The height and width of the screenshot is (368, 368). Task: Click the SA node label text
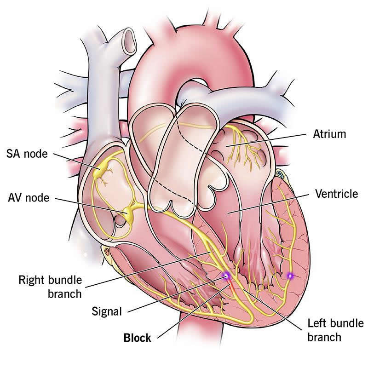(27, 154)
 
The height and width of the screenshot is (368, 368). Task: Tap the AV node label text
(29, 198)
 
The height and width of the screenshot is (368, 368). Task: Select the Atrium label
(329, 134)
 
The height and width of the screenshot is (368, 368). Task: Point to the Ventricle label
(337, 194)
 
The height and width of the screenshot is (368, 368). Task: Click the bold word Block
(137, 338)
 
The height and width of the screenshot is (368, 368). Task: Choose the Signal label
(107, 312)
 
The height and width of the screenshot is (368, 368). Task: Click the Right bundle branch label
(50, 287)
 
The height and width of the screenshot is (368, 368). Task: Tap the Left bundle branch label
(335, 330)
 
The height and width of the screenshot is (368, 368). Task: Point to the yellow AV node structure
(129, 213)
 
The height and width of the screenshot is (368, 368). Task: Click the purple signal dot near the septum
(226, 276)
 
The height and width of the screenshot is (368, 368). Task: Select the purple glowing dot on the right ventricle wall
(290, 276)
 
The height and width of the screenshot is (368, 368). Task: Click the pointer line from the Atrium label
(266, 140)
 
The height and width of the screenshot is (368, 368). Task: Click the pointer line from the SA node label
(76, 161)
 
